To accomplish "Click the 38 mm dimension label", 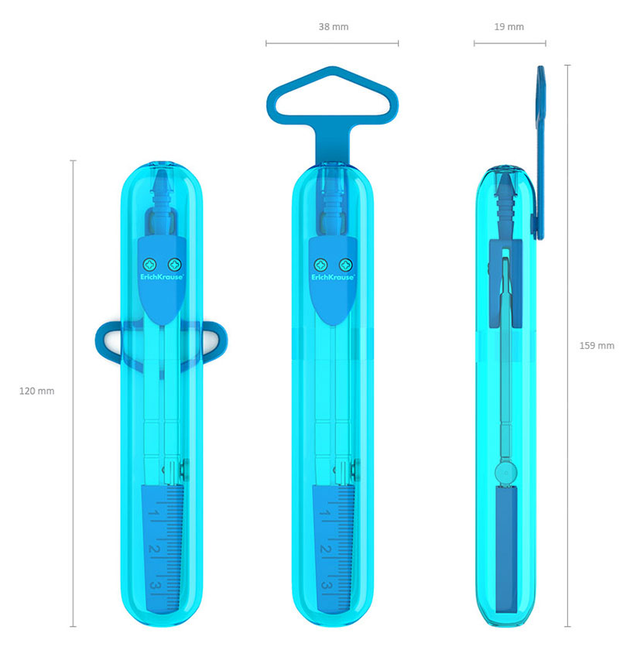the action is pyautogui.click(x=334, y=27).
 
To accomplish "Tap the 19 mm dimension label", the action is pyautogui.click(x=509, y=27).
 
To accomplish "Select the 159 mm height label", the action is pyautogui.click(x=597, y=346).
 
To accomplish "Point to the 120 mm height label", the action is pyautogui.click(x=37, y=391).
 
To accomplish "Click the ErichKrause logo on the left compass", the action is pyautogui.click(x=162, y=277).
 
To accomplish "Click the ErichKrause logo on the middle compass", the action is pyautogui.click(x=333, y=277).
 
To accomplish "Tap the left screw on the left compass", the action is pyautogui.click(x=149, y=264).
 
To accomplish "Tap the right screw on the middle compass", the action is pyautogui.click(x=345, y=264).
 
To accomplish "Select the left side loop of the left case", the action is pyautogui.click(x=101, y=340).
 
